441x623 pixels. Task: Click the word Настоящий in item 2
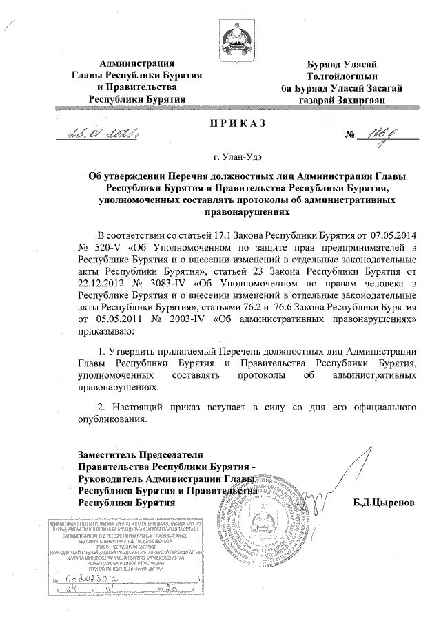click(x=142, y=406)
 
